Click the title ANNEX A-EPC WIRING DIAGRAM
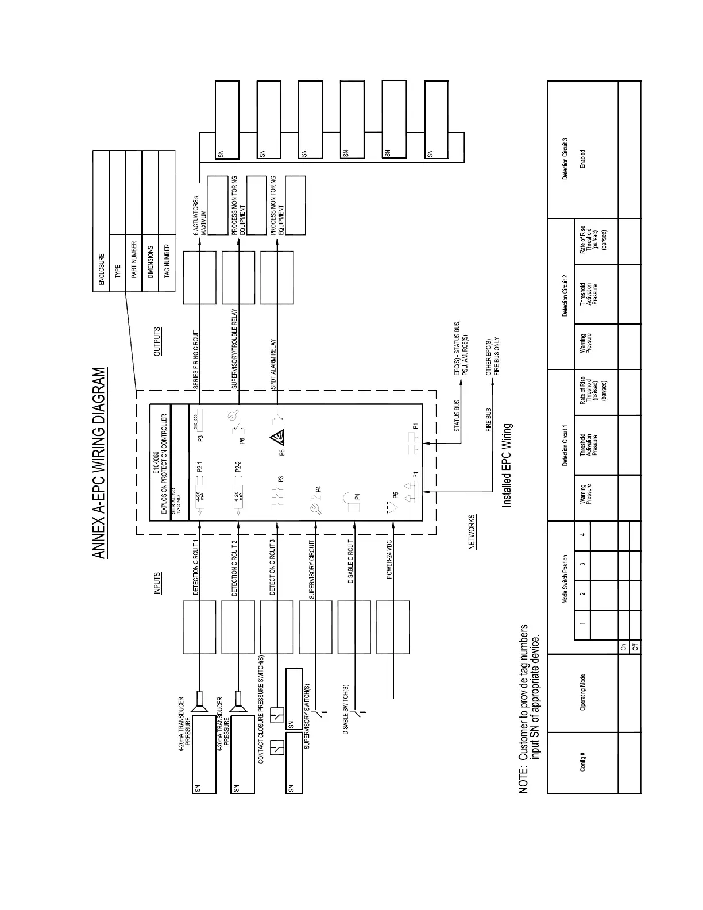[100, 463]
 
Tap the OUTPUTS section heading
[158, 342]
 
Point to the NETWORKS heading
[473, 532]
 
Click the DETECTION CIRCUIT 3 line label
[273, 566]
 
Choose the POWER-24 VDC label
[390, 558]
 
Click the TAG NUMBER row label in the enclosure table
[167, 261]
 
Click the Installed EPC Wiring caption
[507, 466]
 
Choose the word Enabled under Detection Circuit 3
[582, 159]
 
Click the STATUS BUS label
[458, 416]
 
